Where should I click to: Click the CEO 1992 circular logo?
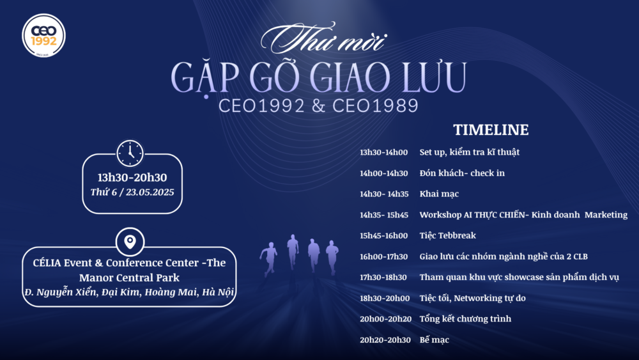pyautogui.click(x=43, y=35)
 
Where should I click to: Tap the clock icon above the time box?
pyautogui.click(x=130, y=153)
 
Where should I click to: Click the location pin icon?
pyautogui.click(x=130, y=242)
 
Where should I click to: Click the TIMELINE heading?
pyautogui.click(x=491, y=130)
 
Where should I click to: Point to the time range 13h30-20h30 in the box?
pyautogui.click(x=132, y=178)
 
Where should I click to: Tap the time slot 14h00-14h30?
pyautogui.click(x=383, y=173)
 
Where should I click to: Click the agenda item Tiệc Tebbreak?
pyautogui.click(x=447, y=235)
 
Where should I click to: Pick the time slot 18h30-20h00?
pyautogui.click(x=383, y=298)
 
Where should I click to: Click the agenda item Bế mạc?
pyautogui.click(x=434, y=340)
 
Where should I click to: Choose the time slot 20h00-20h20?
pyautogui.click(x=383, y=318)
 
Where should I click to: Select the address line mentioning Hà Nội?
pyautogui.click(x=128, y=292)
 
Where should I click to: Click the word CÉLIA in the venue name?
pyautogui.click(x=53, y=263)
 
